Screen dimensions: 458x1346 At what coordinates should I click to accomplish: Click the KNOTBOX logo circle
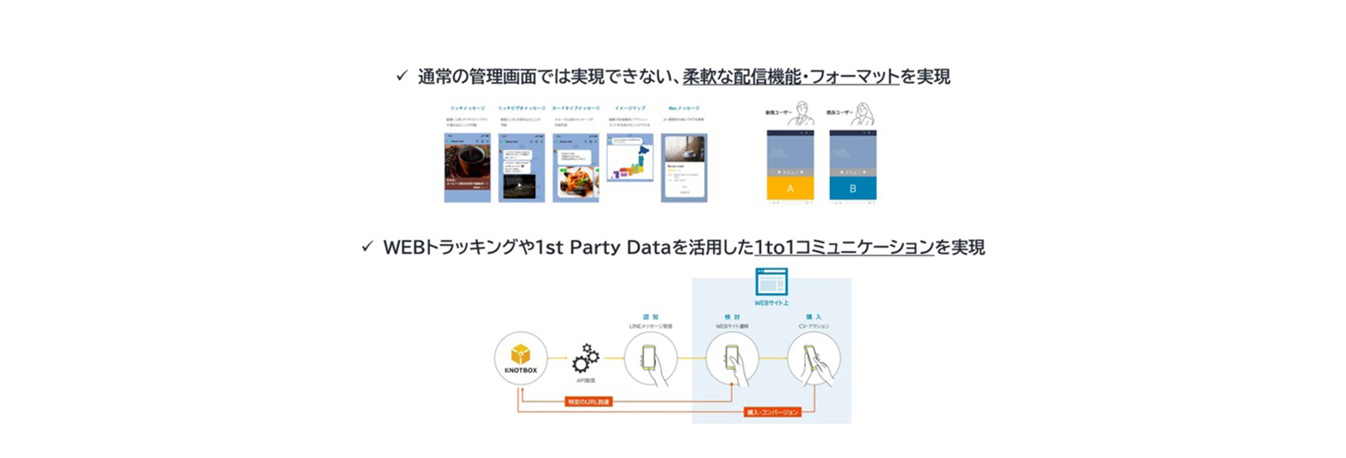point(520,358)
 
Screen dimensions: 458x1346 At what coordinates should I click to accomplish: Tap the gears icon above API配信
point(585,358)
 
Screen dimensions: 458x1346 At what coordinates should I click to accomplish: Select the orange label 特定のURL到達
point(589,402)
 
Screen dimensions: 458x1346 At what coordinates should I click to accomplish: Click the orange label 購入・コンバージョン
point(773,412)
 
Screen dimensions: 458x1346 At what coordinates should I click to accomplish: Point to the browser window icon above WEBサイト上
point(771,282)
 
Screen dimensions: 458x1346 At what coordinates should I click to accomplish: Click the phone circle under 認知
point(651,358)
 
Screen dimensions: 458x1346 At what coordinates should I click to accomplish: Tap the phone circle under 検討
point(732,358)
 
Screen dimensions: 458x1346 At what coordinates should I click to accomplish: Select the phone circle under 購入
point(813,358)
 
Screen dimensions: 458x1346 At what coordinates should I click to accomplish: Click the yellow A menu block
point(790,189)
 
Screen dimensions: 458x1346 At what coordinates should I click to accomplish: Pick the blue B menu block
point(852,189)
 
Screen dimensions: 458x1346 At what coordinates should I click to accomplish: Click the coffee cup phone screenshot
point(467,168)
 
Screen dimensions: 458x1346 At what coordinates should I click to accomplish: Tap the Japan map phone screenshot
point(630,159)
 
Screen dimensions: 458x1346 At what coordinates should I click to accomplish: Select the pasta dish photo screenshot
point(577,181)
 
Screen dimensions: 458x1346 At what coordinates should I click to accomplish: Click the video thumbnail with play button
point(519,186)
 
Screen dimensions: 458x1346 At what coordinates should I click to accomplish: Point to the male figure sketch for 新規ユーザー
point(802,114)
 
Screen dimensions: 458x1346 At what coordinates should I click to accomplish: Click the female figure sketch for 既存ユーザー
point(864,114)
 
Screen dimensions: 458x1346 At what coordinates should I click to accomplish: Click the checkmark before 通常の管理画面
point(402,75)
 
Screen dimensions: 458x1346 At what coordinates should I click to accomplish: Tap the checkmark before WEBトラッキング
point(367,246)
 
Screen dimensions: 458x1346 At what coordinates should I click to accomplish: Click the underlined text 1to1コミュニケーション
point(844,247)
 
